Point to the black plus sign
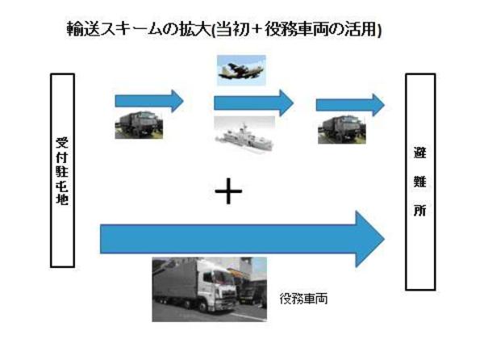229,193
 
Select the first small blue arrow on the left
150,101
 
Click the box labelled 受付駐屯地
63,170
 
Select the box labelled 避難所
420,182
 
